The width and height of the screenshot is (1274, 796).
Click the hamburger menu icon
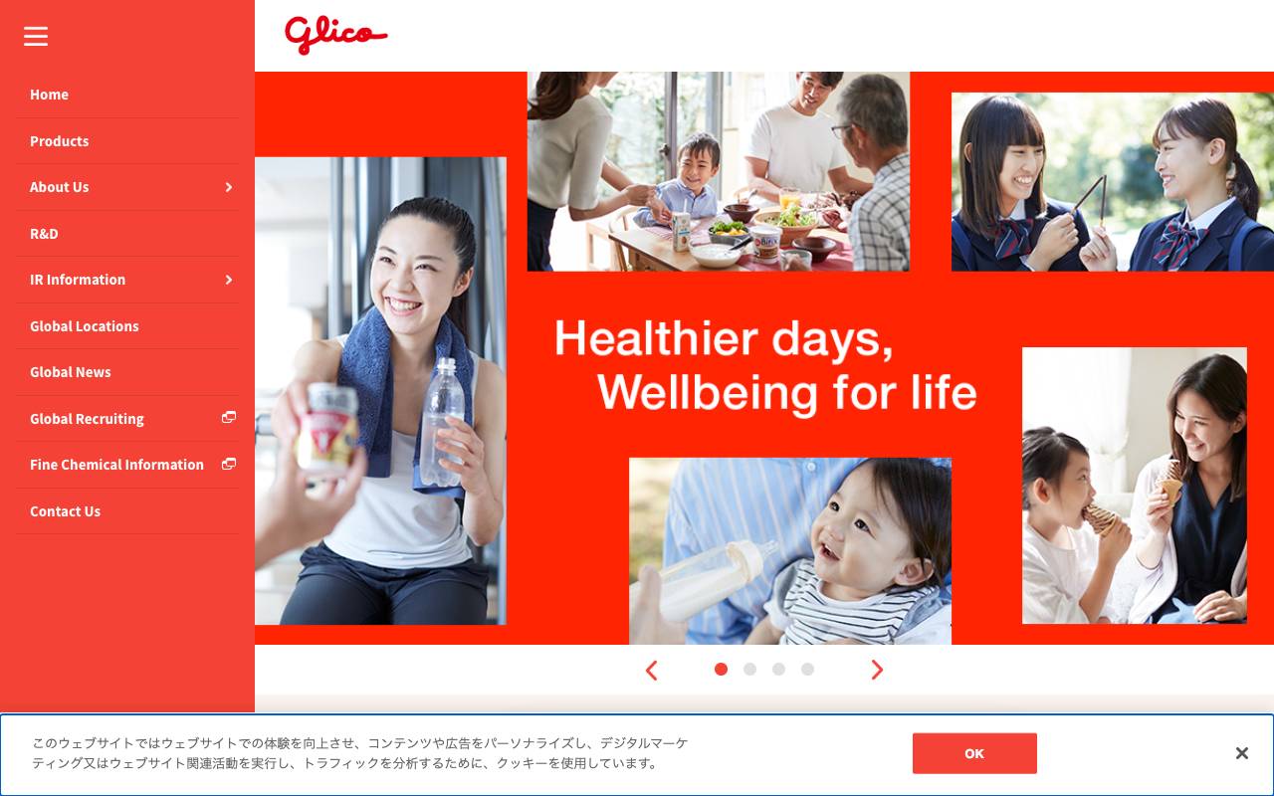coord(36,37)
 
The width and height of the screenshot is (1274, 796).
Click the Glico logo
coord(335,35)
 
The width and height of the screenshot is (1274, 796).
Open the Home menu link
coord(49,95)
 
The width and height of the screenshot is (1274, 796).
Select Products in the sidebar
coord(59,141)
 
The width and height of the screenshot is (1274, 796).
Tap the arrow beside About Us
coord(229,187)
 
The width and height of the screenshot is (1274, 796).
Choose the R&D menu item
coord(44,234)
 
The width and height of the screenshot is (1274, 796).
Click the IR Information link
coord(78,280)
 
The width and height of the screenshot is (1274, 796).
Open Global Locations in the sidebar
coord(84,326)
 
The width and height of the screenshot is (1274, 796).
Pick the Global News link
coord(70,372)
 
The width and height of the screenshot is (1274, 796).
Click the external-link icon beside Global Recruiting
coord(229,418)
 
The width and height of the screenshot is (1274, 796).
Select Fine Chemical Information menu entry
coord(116,465)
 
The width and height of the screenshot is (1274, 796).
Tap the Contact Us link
coord(65,511)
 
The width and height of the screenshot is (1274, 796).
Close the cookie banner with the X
coord(1241,753)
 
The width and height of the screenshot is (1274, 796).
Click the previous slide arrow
coord(652,671)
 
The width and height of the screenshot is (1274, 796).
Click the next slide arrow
coord(877,671)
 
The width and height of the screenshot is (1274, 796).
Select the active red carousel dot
coord(721,670)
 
